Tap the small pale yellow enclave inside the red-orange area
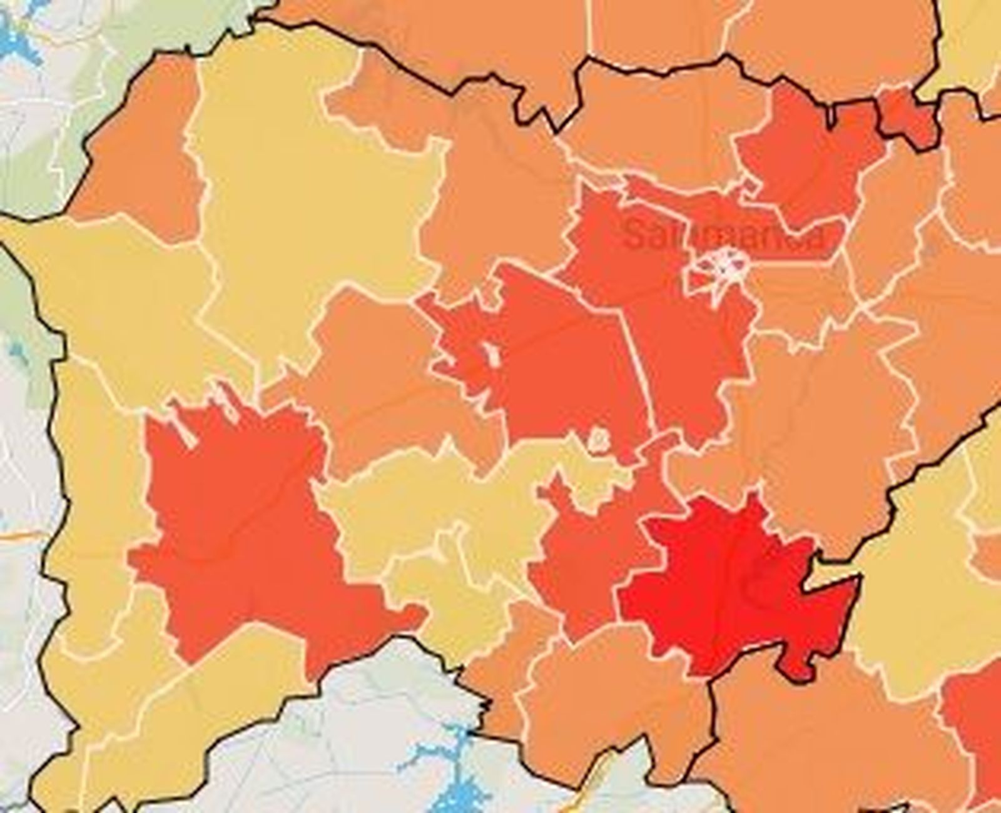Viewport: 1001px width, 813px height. point(599,440)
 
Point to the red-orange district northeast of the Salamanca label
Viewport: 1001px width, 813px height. point(807,156)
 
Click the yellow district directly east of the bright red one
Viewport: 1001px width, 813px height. point(907,600)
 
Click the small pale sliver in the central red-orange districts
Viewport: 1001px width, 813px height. point(494,356)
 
